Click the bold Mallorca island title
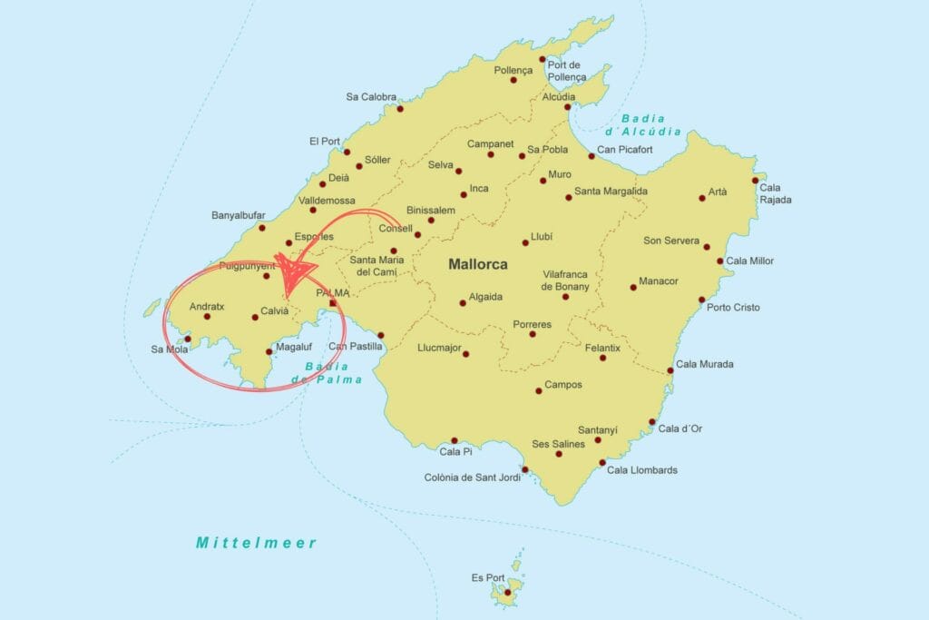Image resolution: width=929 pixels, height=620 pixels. [x=477, y=265]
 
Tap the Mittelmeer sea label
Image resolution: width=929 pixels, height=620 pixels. [x=257, y=543]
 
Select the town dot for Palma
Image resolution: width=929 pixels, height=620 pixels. [x=333, y=303]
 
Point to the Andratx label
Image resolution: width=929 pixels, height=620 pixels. [x=207, y=306]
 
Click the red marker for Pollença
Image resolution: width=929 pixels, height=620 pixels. [x=513, y=80]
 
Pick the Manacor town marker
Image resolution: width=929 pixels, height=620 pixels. [x=633, y=288]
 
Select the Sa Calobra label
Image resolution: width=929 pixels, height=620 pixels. [x=371, y=97]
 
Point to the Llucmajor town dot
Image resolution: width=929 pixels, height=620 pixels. [x=466, y=353]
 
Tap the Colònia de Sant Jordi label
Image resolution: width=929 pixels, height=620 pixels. [x=472, y=477]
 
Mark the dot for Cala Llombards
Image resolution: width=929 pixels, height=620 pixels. [x=602, y=463]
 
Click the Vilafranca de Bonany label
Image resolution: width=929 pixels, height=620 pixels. [x=565, y=280]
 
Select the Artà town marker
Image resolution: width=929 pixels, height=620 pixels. [x=702, y=198]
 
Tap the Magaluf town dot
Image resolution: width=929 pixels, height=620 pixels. [x=269, y=351]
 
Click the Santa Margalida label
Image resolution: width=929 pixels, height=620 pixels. [x=611, y=192]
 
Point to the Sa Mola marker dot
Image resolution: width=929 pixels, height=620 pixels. [x=188, y=340]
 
